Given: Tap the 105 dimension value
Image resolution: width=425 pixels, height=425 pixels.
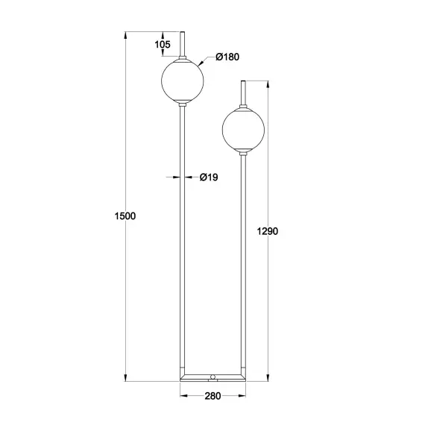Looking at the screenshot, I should pyautogui.click(x=163, y=45).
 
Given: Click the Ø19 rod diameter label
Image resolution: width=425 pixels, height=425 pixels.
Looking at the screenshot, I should pyautogui.click(x=209, y=177).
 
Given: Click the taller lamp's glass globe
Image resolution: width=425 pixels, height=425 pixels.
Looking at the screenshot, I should pyautogui.click(x=182, y=82).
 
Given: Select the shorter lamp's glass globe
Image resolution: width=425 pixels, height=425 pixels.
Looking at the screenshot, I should pyautogui.click(x=244, y=129).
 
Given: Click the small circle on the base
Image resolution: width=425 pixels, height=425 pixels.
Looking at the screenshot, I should pyautogui.click(x=213, y=377).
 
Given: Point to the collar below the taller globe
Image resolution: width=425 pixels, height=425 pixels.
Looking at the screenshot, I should pyautogui.click(x=182, y=107).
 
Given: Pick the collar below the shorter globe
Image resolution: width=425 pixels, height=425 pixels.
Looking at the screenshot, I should pyautogui.click(x=244, y=153).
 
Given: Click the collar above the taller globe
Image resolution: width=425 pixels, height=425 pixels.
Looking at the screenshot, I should pyautogui.click(x=182, y=58).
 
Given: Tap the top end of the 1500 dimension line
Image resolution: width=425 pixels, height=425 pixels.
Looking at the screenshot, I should pyautogui.click(x=126, y=32).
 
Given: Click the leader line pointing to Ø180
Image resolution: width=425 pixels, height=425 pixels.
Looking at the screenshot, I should pyautogui.click(x=206, y=61).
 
